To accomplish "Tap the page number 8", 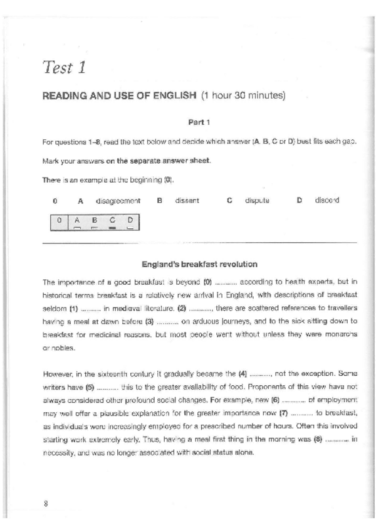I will (x=46, y=504).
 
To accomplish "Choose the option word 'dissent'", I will (x=187, y=201).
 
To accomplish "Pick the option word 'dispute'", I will (x=257, y=201).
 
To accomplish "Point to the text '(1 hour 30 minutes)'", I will (x=243, y=96).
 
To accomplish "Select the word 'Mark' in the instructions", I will (x=50, y=161).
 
